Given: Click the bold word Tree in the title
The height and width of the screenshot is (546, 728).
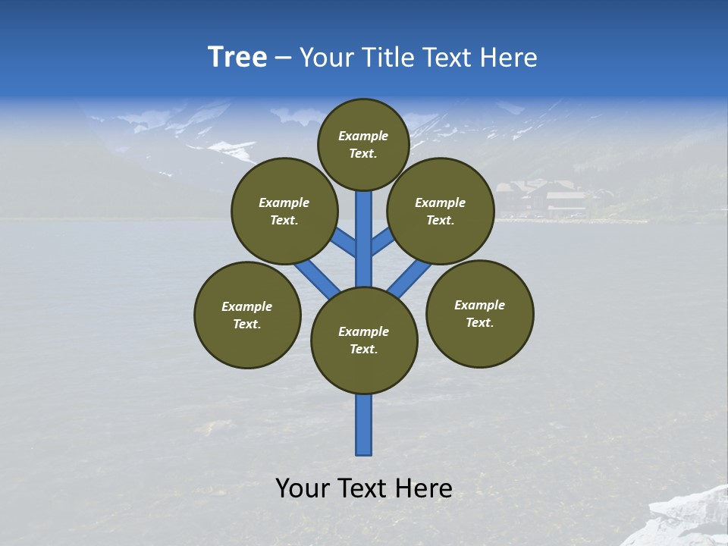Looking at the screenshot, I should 237,58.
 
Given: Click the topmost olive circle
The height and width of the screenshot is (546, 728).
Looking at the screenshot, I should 363,145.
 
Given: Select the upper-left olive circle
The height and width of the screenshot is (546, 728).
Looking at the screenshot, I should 284,211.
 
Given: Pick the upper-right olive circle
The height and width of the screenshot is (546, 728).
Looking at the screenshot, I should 441,211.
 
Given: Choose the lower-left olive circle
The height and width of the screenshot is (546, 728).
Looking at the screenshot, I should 247,315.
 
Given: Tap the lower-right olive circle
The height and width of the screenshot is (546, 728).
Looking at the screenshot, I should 479,313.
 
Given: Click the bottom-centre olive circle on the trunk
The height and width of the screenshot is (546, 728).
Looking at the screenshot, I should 364,340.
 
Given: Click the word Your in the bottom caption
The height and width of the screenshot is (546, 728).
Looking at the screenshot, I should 301,488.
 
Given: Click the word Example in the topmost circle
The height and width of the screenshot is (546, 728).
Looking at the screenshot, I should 363,136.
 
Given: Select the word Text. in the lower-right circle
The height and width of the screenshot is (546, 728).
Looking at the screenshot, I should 479,322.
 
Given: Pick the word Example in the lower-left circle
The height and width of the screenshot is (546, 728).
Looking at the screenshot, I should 246,306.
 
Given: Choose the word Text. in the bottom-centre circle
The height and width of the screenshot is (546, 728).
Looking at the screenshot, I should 363,349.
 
